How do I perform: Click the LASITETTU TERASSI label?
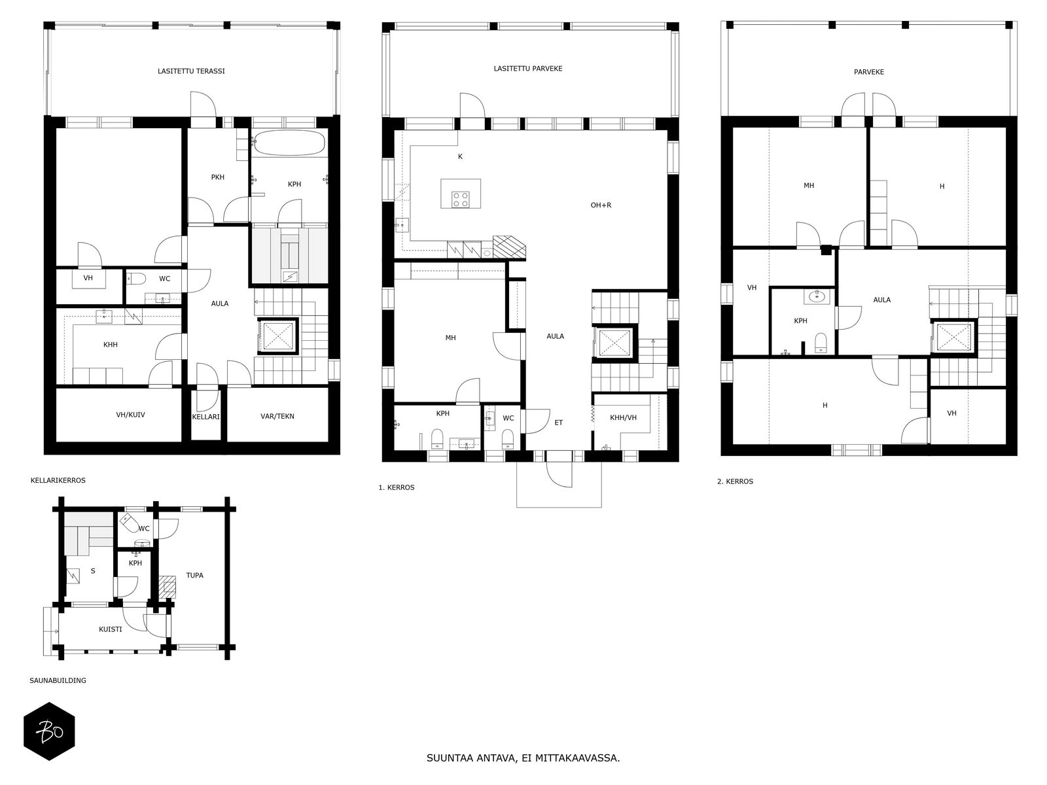(191, 71)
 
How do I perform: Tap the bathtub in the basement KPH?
(289, 143)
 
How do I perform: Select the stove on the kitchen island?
(460, 200)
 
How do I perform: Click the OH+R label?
(601, 205)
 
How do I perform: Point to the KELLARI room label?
(205, 417)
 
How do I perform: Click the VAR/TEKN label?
(277, 416)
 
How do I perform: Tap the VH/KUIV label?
(130, 415)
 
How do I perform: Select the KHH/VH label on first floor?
(623, 418)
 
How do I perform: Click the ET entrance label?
(559, 423)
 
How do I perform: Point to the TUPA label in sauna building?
(194, 575)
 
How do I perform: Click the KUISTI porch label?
(110, 629)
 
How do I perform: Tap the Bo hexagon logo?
(49, 731)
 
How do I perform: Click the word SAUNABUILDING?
(58, 680)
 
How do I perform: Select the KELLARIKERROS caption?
(58, 480)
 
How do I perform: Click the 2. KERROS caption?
(735, 481)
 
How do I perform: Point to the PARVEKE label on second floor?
(868, 72)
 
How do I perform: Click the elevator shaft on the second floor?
(952, 338)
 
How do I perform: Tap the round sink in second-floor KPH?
(817, 296)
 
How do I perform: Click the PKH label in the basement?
(217, 177)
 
